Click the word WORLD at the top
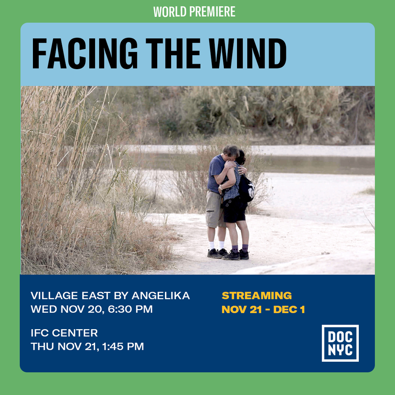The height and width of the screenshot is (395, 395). pyautogui.click(x=170, y=12)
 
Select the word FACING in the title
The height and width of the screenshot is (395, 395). pyautogui.click(x=85, y=53)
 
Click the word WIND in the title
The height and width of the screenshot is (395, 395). pyautogui.click(x=248, y=53)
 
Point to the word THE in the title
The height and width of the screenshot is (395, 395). pyautogui.click(x=173, y=53)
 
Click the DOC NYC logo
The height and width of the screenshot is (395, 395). pyautogui.click(x=340, y=343)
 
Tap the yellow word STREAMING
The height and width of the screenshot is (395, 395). pyautogui.click(x=257, y=295)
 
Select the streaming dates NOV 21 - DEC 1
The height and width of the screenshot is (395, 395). pyautogui.click(x=263, y=309)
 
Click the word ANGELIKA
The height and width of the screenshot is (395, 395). pyautogui.click(x=161, y=295)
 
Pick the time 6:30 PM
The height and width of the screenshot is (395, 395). pyautogui.click(x=130, y=309)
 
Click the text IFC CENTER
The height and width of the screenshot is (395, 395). pyautogui.click(x=64, y=333)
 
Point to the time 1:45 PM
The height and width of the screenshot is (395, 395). pyautogui.click(x=123, y=346)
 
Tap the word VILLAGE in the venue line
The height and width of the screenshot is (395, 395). pyautogui.click(x=54, y=295)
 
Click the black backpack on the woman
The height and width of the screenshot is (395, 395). pyautogui.click(x=246, y=188)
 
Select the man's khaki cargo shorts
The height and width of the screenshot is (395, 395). pyautogui.click(x=215, y=209)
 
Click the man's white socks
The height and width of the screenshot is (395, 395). pyautogui.click(x=216, y=245)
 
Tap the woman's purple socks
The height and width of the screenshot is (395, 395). pyautogui.click(x=240, y=249)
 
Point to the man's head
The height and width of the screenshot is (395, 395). pyautogui.click(x=230, y=153)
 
